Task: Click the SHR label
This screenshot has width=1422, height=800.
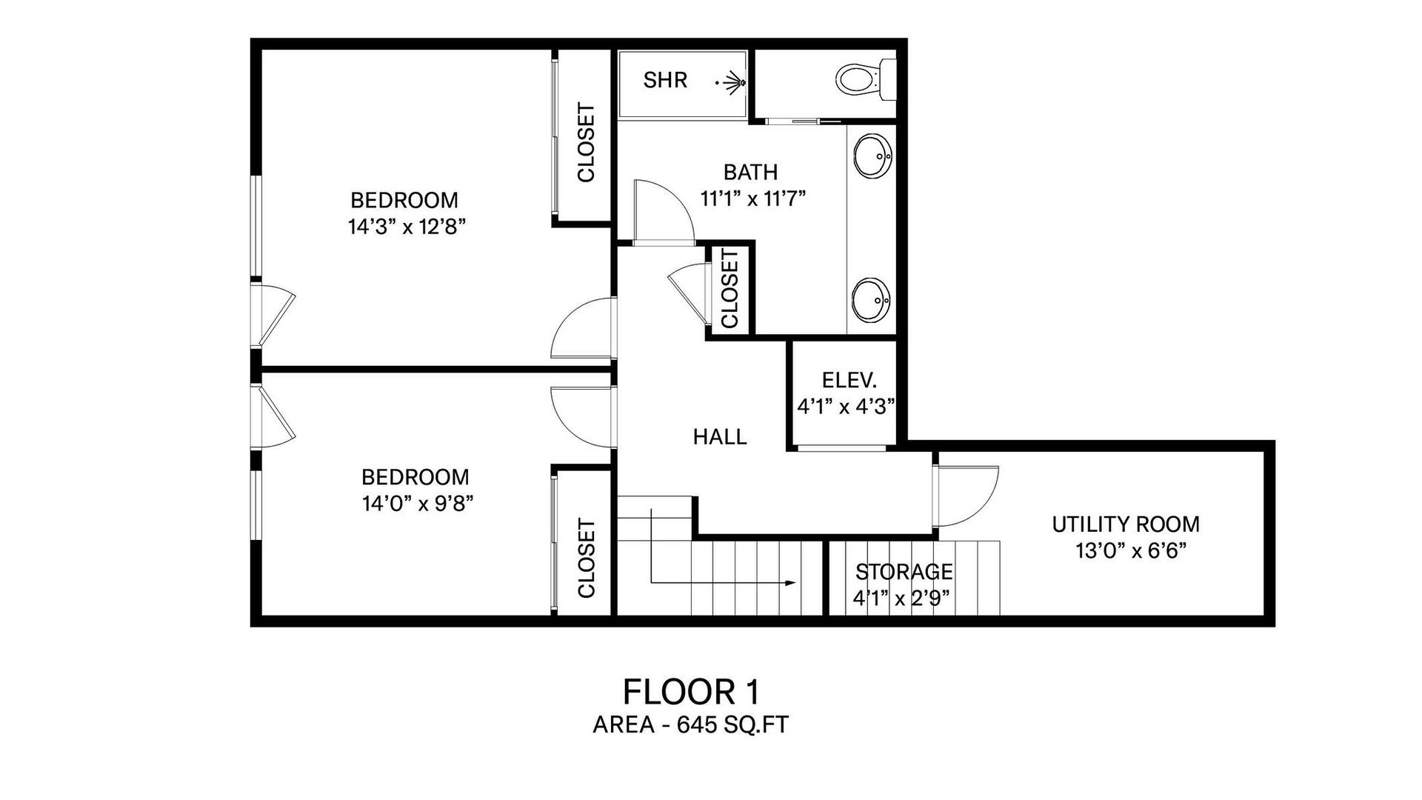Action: tap(665, 80)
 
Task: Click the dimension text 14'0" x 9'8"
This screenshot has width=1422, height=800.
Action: tap(418, 504)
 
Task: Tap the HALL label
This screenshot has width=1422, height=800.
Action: tap(720, 437)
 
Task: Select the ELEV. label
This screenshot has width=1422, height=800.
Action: tap(849, 380)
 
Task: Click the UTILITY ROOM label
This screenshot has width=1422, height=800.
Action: tap(1126, 524)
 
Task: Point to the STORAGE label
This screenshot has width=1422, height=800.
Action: tap(904, 572)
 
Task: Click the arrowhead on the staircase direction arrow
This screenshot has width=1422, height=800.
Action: tap(790, 583)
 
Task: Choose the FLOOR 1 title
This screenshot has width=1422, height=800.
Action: tap(691, 693)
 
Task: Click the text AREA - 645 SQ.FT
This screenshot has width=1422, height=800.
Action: tap(691, 724)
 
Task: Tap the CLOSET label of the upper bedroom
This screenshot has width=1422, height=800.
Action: tap(586, 142)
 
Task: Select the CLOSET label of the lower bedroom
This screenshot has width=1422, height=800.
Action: tap(586, 559)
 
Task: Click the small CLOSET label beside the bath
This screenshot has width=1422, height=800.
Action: tap(730, 289)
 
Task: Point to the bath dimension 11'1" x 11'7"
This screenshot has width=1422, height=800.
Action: tap(752, 199)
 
